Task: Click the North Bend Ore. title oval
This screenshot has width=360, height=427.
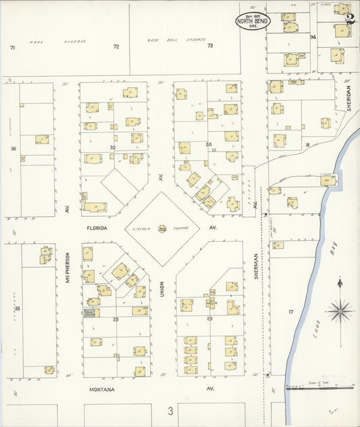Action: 253,20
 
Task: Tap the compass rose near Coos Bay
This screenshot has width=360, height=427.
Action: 340,311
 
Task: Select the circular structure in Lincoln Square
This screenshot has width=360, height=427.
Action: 162,229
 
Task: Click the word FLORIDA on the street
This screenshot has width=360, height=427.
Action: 97,228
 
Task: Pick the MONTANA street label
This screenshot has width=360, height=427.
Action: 101,390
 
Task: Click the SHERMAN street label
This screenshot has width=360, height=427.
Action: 257,270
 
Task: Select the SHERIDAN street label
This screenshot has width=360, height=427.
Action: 349,99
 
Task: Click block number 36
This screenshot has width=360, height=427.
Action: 13,149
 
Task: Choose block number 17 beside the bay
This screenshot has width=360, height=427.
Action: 290,311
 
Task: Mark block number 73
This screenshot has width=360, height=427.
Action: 210,46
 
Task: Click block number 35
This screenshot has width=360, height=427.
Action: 17,309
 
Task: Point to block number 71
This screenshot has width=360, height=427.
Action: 12,47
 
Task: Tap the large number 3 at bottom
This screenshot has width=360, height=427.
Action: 171,410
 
